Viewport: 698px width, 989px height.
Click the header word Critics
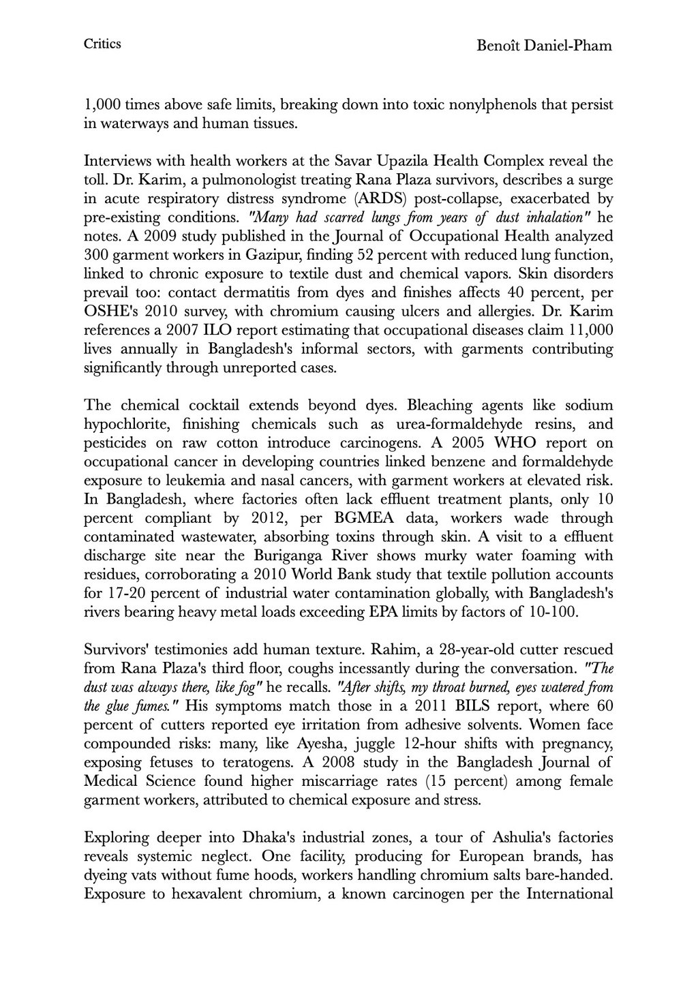point(102,44)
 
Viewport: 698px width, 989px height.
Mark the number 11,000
point(588,330)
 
